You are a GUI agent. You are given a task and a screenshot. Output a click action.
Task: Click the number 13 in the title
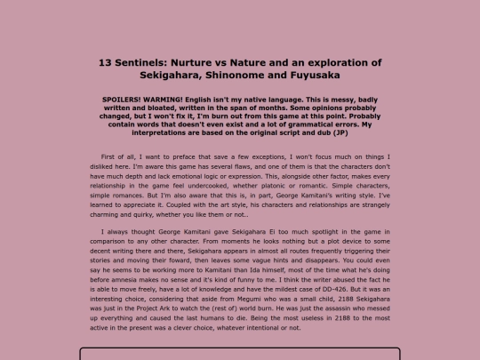point(104,62)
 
